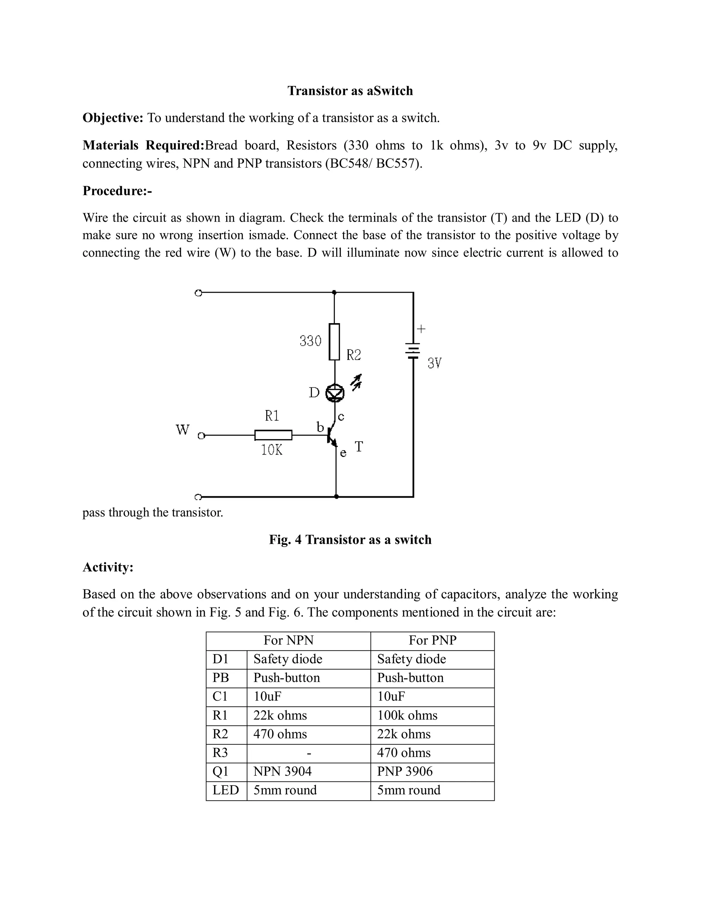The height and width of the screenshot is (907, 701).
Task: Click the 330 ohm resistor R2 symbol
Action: coord(334,342)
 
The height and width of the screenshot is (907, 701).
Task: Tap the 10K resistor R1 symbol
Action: coord(273,435)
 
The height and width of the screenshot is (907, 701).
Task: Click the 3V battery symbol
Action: coord(413,351)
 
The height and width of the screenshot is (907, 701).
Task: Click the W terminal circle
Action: coord(201,436)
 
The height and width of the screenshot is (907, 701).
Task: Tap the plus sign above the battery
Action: coord(421,329)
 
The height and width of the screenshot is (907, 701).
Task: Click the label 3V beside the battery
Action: coord(434,363)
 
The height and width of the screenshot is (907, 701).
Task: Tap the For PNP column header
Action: coord(432,640)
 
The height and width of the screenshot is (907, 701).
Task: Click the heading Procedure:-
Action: coord(117,191)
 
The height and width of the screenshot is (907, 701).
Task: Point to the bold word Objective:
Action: coord(113,118)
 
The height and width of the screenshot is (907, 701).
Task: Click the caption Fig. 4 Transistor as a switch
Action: coord(350,539)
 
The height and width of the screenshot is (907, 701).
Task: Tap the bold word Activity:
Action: coord(108,567)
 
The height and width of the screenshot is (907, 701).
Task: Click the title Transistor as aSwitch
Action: coord(350,91)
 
